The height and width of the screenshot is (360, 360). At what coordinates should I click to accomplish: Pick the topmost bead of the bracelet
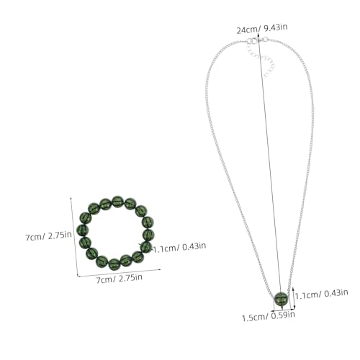117,201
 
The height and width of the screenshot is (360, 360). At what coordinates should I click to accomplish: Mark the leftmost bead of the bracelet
82,230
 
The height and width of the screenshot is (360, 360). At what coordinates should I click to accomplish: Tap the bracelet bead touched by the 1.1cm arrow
146,246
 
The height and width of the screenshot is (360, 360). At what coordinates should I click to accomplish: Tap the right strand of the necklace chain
311,180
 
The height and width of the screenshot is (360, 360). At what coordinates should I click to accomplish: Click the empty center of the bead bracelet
115,232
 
